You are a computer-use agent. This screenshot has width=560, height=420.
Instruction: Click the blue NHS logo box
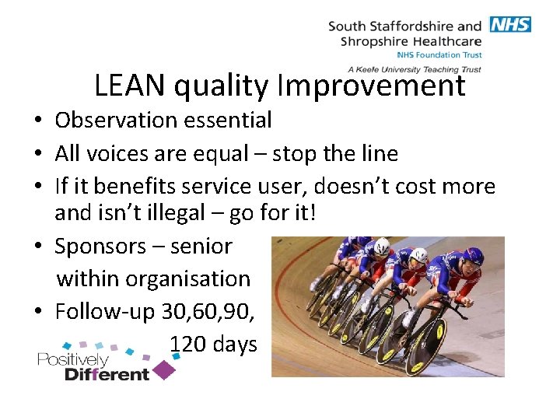coord(510,24)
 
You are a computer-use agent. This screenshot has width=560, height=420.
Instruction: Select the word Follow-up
coord(105,311)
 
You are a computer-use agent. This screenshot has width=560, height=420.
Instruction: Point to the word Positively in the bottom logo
coord(72,359)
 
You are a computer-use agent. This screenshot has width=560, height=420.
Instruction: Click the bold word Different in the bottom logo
coord(107,374)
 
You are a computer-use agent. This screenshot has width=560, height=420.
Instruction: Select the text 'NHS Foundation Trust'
coord(439,55)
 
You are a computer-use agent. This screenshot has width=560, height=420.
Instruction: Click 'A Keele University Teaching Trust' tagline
coord(415,69)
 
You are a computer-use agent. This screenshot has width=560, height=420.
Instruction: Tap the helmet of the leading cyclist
coord(472,257)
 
